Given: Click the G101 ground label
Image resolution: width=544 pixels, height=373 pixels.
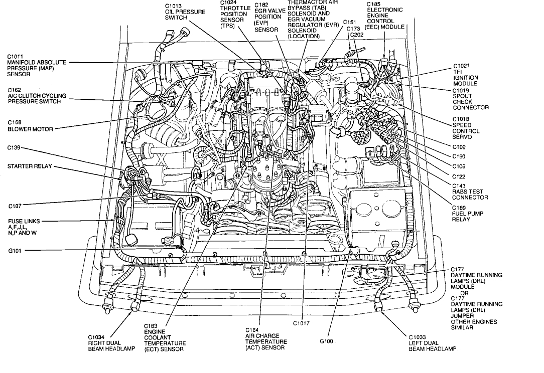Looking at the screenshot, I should pos(15,250).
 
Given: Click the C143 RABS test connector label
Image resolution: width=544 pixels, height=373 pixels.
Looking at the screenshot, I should pos(470,192).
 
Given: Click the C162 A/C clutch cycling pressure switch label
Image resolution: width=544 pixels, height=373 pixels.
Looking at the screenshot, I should pos(34,96).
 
